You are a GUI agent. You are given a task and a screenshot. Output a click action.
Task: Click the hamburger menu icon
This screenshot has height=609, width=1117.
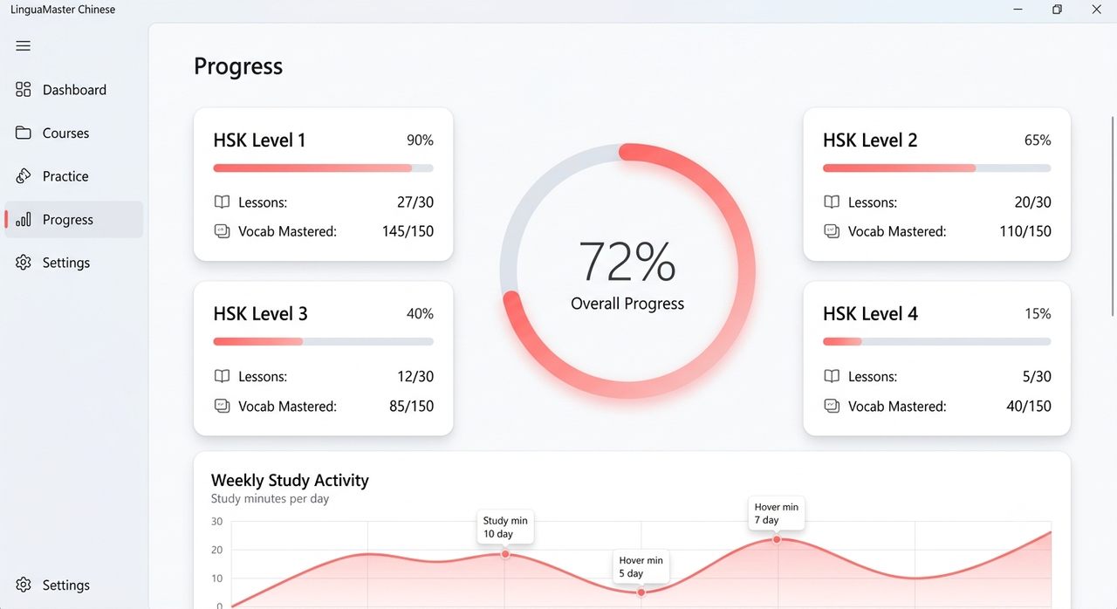[23, 46]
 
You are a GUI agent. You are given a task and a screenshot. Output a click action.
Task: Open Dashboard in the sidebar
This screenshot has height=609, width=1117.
[61, 90]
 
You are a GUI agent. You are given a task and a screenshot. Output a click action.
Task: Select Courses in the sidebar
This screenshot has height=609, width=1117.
[52, 133]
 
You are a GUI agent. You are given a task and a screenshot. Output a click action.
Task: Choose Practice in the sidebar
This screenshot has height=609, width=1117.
[51, 176]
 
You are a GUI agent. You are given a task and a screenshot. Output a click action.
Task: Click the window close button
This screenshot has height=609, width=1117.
[1096, 10]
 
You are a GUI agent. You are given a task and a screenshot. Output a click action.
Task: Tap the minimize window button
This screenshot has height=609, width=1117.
[1018, 10]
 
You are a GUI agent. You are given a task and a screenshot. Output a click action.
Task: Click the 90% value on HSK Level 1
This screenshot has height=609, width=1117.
[420, 140]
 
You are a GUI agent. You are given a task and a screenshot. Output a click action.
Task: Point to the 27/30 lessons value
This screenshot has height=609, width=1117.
[415, 202]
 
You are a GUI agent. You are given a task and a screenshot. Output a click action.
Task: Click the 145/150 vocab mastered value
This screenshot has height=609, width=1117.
[408, 231]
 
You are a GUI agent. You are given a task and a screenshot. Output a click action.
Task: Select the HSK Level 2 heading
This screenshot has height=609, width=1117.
[870, 140]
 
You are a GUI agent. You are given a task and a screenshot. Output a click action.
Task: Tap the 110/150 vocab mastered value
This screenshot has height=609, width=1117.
[1025, 231]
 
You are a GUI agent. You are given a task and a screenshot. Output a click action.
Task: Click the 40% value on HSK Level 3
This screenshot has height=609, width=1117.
[420, 313]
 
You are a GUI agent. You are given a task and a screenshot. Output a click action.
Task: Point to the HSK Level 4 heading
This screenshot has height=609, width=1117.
[870, 313]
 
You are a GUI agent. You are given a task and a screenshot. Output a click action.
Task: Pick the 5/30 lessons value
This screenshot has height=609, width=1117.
[1037, 376]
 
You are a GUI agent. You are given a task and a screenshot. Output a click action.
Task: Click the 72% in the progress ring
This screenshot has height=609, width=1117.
[627, 262]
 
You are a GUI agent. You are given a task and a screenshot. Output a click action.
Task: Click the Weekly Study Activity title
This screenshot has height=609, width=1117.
[290, 480]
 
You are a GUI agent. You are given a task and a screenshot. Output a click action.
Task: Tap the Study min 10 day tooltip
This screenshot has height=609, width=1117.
[505, 527]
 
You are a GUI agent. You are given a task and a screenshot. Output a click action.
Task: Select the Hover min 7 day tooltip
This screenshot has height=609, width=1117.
[777, 513]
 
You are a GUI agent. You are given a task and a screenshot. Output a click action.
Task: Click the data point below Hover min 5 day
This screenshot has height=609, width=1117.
[641, 592]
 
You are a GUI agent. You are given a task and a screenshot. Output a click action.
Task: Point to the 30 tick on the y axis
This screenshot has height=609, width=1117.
[217, 521]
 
